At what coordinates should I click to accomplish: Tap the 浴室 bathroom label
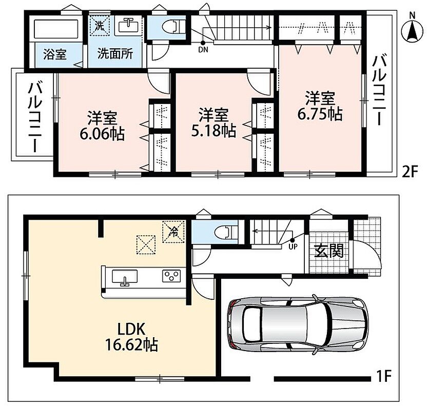(55, 54)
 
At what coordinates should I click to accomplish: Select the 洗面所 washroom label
(115, 54)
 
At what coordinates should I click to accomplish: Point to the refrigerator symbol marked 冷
(173, 232)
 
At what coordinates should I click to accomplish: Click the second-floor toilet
(173, 27)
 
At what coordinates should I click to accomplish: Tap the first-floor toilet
(226, 233)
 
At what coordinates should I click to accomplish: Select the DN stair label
(203, 50)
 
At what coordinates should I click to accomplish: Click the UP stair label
(293, 247)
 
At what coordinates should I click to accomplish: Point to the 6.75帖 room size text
(320, 115)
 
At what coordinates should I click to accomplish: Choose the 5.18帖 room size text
(213, 131)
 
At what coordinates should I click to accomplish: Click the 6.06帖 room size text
(102, 134)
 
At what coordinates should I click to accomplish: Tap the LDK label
(131, 329)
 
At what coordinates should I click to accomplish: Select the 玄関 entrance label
(329, 251)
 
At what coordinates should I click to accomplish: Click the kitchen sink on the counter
(125, 277)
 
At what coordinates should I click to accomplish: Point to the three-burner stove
(171, 276)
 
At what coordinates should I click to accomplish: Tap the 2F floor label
(410, 172)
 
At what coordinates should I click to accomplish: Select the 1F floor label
(384, 376)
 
